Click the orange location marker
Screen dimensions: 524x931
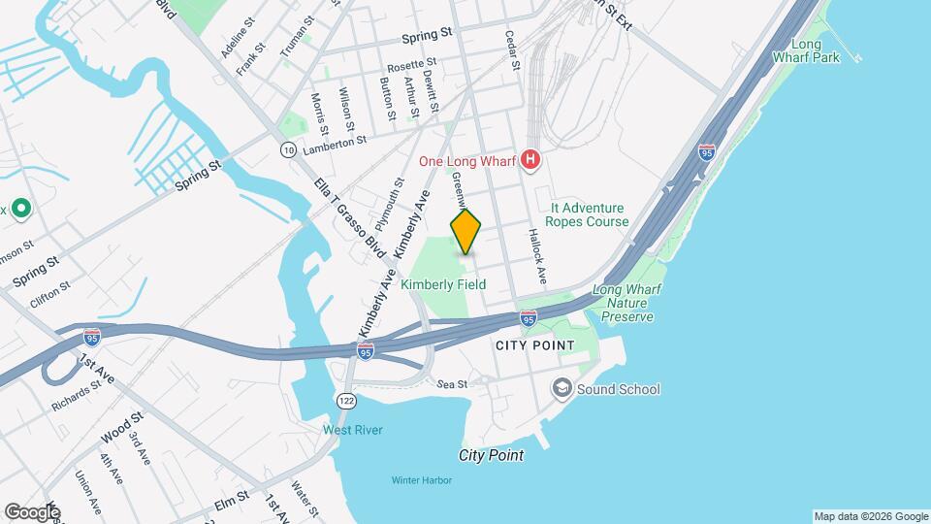(x=466, y=231)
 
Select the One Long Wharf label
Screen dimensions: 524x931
(x=467, y=161)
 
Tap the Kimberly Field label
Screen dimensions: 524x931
(x=443, y=284)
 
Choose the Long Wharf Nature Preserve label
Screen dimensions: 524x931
(x=624, y=303)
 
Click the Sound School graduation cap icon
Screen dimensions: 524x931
(x=562, y=389)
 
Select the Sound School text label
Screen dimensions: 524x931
(x=619, y=389)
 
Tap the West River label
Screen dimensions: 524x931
(x=353, y=430)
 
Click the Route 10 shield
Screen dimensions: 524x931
(x=288, y=149)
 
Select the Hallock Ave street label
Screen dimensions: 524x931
(x=538, y=257)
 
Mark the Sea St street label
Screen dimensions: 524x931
(x=452, y=384)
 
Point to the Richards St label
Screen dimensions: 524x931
(x=76, y=396)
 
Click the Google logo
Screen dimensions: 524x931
(x=32, y=511)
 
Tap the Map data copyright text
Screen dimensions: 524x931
(x=869, y=515)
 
